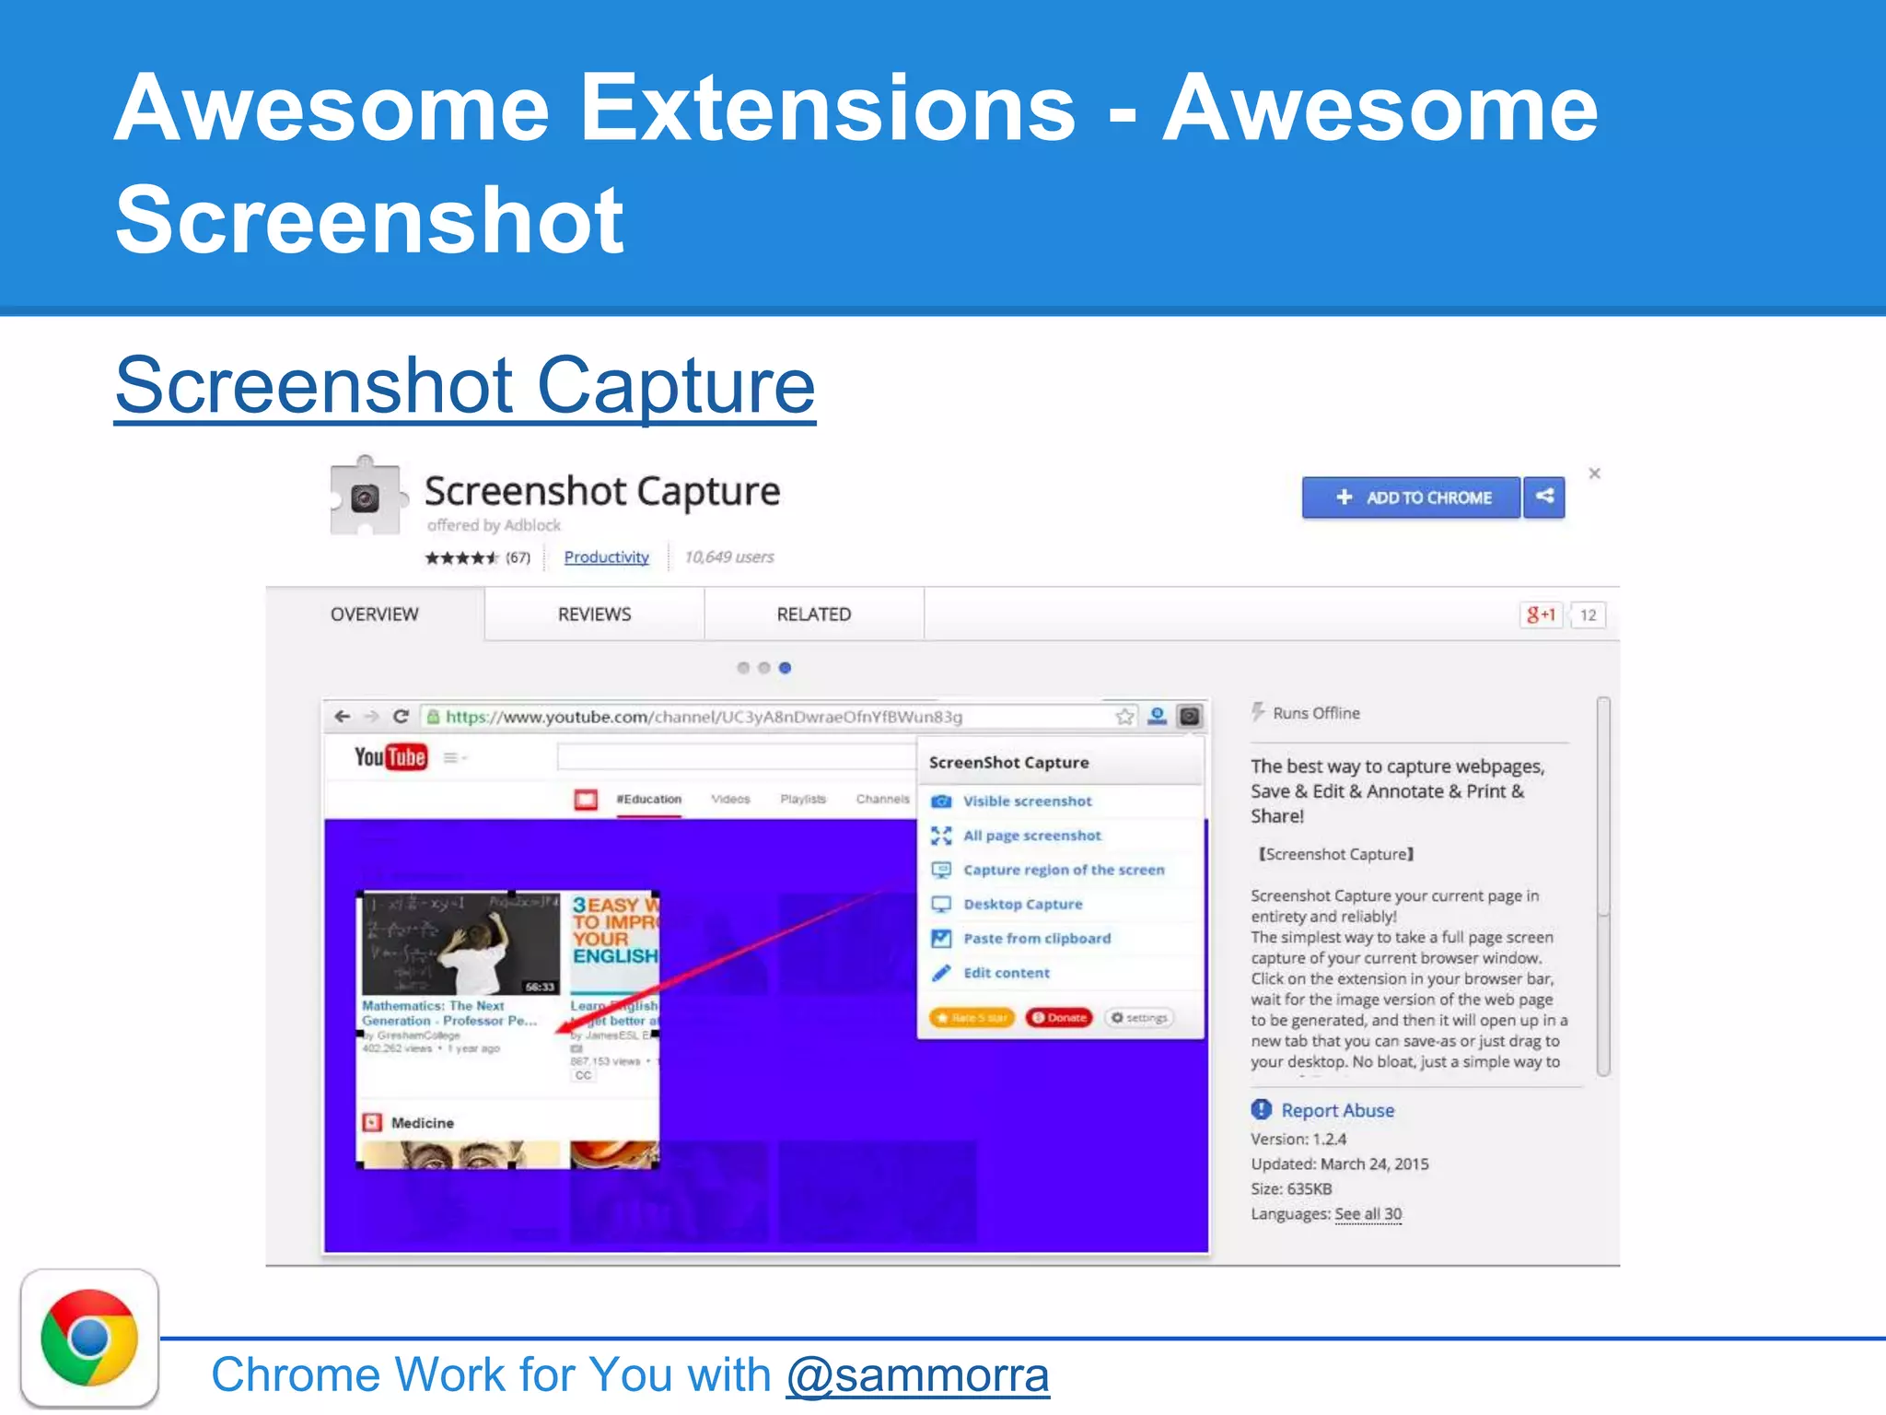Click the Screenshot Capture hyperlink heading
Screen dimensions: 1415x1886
[x=465, y=386]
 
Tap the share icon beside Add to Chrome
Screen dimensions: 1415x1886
[x=1544, y=497]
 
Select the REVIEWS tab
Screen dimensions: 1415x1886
[x=594, y=614]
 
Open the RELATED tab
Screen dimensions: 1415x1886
[x=813, y=614]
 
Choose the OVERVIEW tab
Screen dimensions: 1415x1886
[x=374, y=614]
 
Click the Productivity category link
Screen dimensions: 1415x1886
[x=606, y=557]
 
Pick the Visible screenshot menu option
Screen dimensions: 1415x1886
[x=1027, y=801]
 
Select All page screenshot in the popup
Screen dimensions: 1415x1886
[x=1031, y=836]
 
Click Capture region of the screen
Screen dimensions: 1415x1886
[x=1063, y=870]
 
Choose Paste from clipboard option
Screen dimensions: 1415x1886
[x=1037, y=939]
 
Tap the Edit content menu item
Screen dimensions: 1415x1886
[x=1006, y=973]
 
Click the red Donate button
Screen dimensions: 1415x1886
[x=1059, y=1018]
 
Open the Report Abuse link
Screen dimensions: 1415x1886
[x=1337, y=1111]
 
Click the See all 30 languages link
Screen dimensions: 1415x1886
[x=1368, y=1214]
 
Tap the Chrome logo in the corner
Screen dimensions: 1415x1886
[x=89, y=1338]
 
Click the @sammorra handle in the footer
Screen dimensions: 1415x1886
[x=917, y=1375]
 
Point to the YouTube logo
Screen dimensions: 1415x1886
[x=390, y=757]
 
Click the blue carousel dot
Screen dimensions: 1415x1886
[x=785, y=668]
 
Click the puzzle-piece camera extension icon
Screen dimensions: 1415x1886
[x=366, y=497]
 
